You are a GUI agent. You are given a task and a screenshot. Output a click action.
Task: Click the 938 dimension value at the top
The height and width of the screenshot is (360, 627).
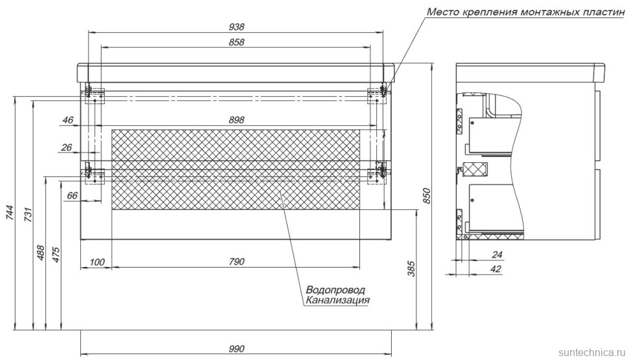click(x=236, y=26)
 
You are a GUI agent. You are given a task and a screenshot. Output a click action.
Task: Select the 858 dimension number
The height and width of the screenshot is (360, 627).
click(x=236, y=42)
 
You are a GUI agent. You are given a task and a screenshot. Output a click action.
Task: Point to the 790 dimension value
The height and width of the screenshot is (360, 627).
click(x=236, y=262)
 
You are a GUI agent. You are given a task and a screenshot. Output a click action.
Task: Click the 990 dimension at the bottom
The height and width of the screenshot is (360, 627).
click(x=236, y=349)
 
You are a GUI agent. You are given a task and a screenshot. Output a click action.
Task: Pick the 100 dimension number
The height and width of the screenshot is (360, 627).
click(x=96, y=262)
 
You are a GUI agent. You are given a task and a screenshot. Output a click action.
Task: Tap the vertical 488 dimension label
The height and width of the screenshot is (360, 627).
click(x=41, y=253)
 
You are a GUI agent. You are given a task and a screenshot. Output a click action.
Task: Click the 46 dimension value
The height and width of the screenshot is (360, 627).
click(x=69, y=120)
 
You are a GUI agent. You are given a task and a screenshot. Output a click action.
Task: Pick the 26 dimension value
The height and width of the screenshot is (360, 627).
click(x=66, y=147)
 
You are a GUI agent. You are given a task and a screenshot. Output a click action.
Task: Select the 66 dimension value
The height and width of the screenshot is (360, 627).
click(x=72, y=195)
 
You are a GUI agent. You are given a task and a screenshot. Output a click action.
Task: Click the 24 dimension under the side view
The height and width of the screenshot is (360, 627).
click(x=496, y=255)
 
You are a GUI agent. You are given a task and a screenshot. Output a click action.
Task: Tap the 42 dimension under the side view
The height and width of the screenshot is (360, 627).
click(x=496, y=269)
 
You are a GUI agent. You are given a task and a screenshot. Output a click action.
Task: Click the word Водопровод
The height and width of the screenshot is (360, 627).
click(x=335, y=290)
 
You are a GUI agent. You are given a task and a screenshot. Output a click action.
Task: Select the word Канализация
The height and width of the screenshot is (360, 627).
click(x=337, y=300)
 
